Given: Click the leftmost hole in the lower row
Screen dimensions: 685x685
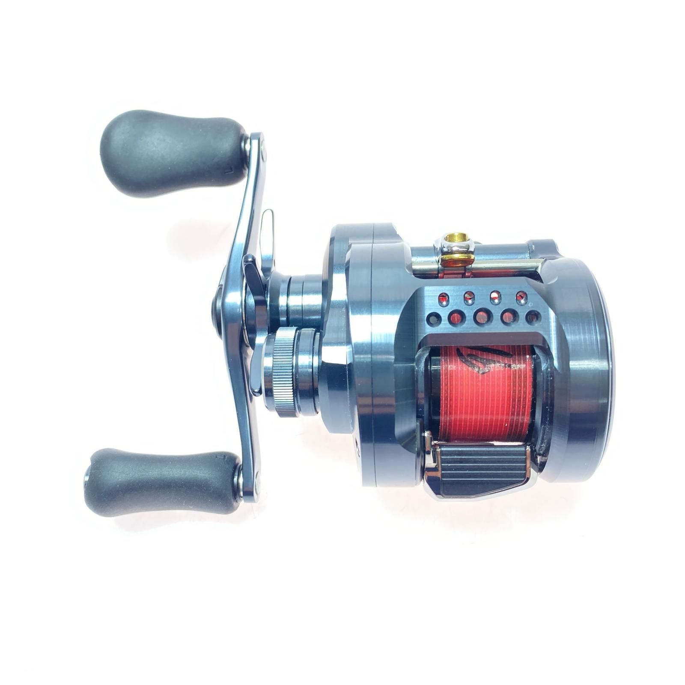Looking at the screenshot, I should [x=435, y=319].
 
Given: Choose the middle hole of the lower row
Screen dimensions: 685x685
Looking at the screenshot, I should [x=482, y=317].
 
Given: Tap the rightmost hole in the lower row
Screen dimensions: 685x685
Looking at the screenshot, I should [x=533, y=317].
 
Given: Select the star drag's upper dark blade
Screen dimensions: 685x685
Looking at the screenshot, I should [x=253, y=270].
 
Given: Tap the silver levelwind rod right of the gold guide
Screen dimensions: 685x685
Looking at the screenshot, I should [x=509, y=265].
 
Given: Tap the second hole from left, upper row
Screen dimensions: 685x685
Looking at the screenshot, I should [x=469, y=295].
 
